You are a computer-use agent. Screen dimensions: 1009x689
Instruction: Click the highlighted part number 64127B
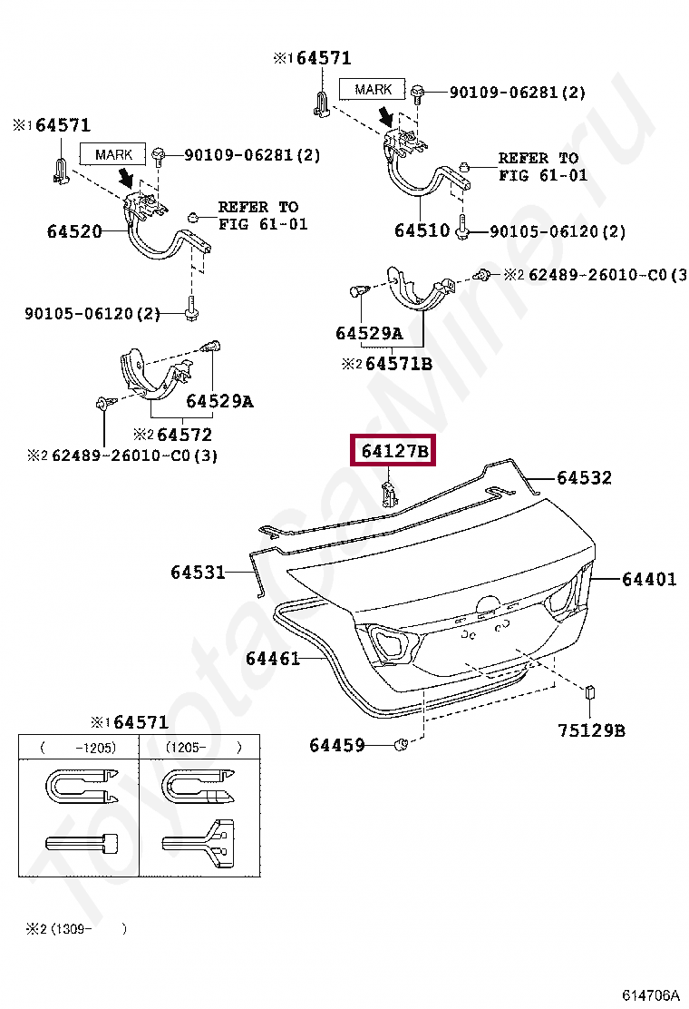pyautogui.click(x=395, y=451)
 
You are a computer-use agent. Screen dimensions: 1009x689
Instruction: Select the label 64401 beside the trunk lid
pyautogui.click(x=648, y=579)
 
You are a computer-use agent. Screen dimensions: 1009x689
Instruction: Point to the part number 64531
pyautogui.click(x=198, y=573)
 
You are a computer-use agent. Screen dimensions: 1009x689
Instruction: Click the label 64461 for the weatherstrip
pyautogui.click(x=272, y=659)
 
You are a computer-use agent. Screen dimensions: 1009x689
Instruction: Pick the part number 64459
pyautogui.click(x=336, y=745)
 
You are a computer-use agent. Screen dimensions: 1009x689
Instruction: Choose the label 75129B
pyautogui.click(x=590, y=730)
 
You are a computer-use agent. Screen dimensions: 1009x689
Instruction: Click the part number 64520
pyautogui.click(x=74, y=232)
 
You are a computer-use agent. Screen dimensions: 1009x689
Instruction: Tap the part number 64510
pyautogui.click(x=422, y=231)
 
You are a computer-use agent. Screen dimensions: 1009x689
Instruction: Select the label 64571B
pyautogui.click(x=395, y=364)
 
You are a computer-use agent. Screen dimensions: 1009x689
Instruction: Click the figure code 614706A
pyautogui.click(x=650, y=995)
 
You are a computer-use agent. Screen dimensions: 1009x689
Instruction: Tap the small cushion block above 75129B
pyautogui.click(x=590, y=691)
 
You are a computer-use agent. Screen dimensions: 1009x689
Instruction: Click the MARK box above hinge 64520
pyautogui.click(x=113, y=154)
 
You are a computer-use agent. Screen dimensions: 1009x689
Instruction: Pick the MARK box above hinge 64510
pyautogui.click(x=373, y=89)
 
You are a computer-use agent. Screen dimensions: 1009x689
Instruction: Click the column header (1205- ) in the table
pyautogui.click(x=203, y=748)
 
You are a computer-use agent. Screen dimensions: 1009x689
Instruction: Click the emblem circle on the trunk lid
pyautogui.click(x=490, y=603)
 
